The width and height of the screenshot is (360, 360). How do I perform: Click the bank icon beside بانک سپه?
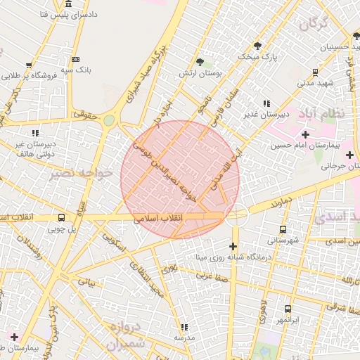click(x=76, y=59)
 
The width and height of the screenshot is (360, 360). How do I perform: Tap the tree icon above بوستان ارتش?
click(x=200, y=62)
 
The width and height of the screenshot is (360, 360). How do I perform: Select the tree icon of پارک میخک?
click(x=257, y=46)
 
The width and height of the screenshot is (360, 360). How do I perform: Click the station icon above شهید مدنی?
click(x=314, y=71)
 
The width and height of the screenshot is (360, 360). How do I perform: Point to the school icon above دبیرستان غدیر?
click(x=266, y=103)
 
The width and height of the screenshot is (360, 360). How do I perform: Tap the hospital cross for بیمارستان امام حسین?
click(x=304, y=134)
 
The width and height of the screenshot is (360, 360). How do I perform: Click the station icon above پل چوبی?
click(x=61, y=217)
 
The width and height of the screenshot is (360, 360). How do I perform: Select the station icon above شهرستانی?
click(x=283, y=229)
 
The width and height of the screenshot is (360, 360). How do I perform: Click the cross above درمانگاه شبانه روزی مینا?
click(x=233, y=245)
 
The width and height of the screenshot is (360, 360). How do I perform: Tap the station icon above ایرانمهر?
click(x=288, y=309)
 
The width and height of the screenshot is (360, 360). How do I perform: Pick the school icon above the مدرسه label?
click(x=184, y=327)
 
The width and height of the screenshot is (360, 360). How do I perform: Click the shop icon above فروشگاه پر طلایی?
click(x=29, y=65)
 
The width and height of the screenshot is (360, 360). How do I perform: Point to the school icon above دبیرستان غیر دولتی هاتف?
click(x=34, y=132)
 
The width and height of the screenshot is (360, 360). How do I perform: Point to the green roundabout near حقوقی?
click(x=108, y=120)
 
